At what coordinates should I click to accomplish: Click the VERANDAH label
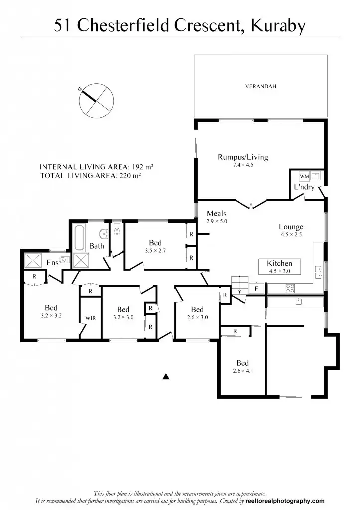(x=260, y=87)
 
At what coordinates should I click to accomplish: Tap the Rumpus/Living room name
(x=242, y=157)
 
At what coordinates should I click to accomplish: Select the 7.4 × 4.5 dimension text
(x=242, y=165)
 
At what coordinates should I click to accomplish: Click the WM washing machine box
(x=304, y=177)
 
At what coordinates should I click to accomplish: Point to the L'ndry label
(x=304, y=187)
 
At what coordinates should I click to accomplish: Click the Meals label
(x=217, y=214)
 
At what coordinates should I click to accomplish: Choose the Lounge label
(x=291, y=227)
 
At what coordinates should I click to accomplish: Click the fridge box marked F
(x=256, y=288)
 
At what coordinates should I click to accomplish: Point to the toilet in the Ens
(x=63, y=259)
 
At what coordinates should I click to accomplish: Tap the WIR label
(x=90, y=318)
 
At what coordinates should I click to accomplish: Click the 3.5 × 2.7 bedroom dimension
(x=155, y=251)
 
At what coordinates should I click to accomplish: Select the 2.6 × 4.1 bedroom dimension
(x=242, y=371)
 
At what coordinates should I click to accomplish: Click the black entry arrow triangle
(x=167, y=377)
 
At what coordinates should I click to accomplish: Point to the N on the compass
(x=80, y=89)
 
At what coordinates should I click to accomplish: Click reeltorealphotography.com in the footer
(x=285, y=501)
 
